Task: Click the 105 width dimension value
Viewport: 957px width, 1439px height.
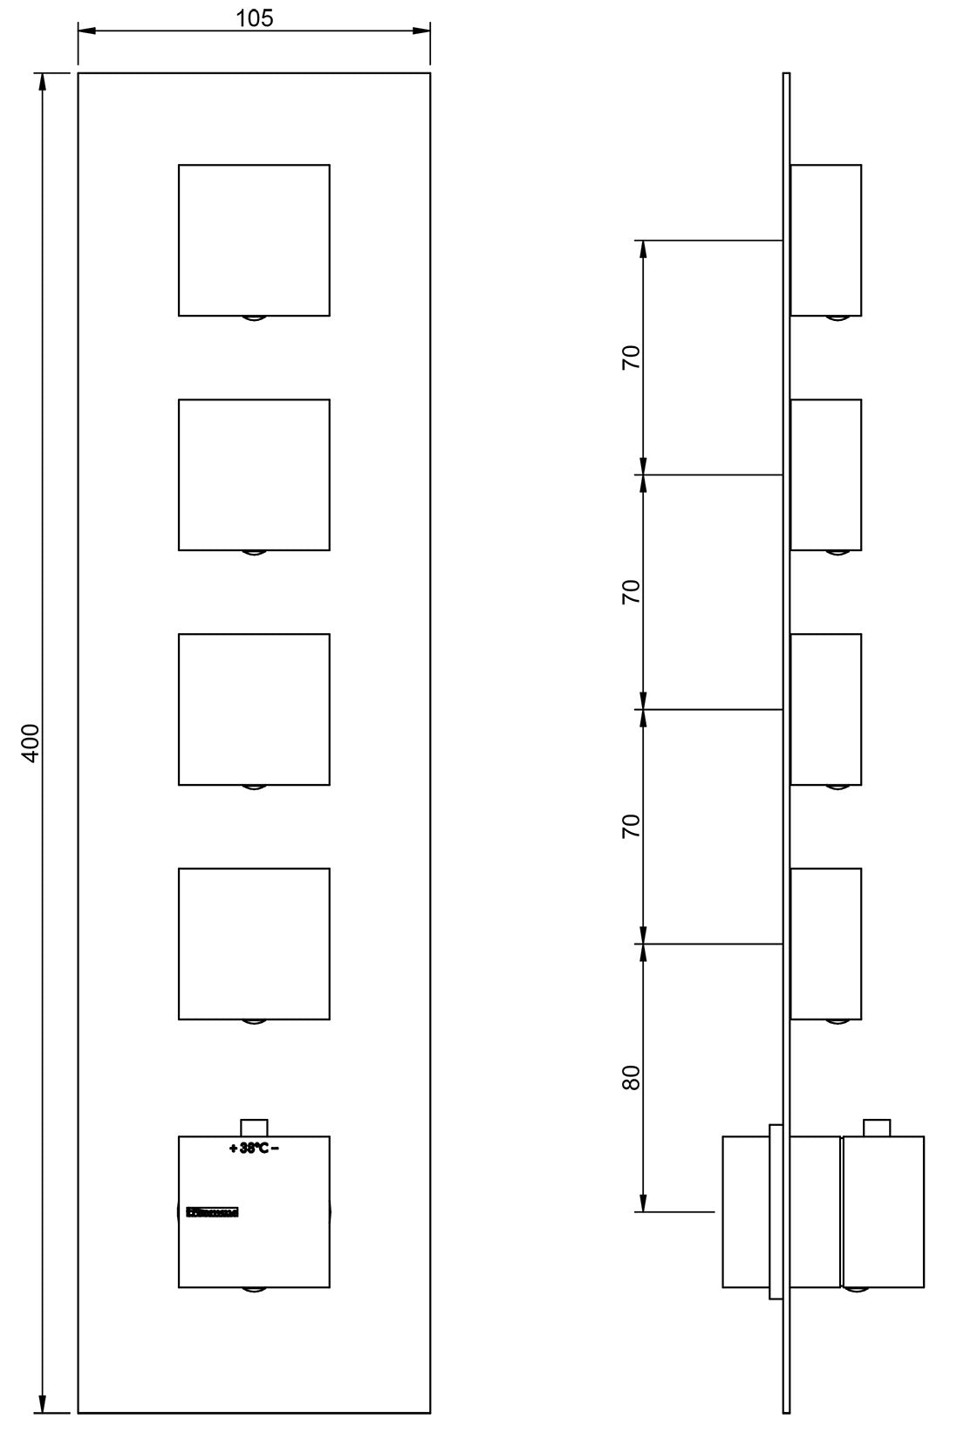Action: point(255,17)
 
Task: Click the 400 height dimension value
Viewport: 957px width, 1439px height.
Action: point(30,744)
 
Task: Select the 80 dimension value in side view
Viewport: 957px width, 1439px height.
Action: point(631,1077)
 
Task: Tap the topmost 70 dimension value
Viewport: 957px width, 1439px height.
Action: point(631,358)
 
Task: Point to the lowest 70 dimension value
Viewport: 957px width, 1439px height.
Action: point(631,826)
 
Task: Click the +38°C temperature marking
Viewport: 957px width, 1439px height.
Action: point(254,1149)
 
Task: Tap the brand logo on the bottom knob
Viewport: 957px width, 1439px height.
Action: point(212,1211)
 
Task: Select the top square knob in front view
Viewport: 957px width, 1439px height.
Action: point(254,240)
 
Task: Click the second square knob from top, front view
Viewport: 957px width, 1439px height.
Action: point(254,474)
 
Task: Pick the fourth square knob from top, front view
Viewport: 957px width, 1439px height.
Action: point(254,944)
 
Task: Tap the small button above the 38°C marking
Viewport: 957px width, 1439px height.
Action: point(254,1127)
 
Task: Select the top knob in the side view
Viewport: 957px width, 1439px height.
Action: point(825,240)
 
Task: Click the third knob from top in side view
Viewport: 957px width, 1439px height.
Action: point(825,709)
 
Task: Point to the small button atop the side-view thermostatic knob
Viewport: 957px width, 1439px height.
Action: point(876,1127)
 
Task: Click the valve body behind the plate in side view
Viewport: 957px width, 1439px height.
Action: point(745,1211)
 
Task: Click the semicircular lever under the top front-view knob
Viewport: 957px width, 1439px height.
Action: point(254,319)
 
